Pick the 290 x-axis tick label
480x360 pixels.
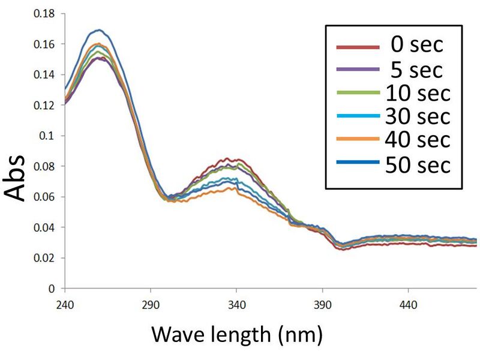[150, 305]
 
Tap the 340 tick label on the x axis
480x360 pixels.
[236, 305]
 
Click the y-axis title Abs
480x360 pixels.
[16, 178]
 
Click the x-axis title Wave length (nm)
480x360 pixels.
[236, 332]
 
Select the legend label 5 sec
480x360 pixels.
[415, 70]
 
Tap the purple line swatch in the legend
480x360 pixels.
[358, 70]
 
